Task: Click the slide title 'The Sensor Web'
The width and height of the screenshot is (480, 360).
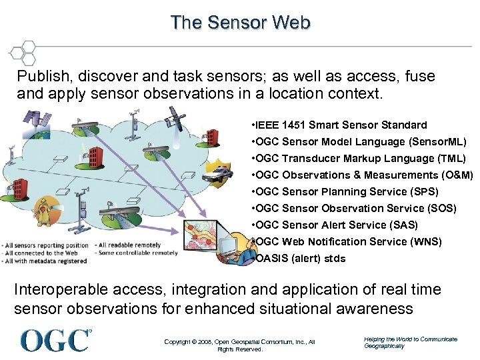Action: point(240,23)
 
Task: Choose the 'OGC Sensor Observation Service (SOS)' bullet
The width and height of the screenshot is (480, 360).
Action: point(353,208)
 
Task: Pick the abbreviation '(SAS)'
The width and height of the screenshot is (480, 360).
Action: point(405,225)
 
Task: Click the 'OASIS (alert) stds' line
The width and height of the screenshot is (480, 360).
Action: point(299,258)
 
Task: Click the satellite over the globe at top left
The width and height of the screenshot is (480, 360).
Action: point(37,121)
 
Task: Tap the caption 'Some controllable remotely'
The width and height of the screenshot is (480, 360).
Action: point(137,253)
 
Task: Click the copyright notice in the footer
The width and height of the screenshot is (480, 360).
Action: point(239,345)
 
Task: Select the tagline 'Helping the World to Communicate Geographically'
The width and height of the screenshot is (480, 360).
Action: point(410,342)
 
